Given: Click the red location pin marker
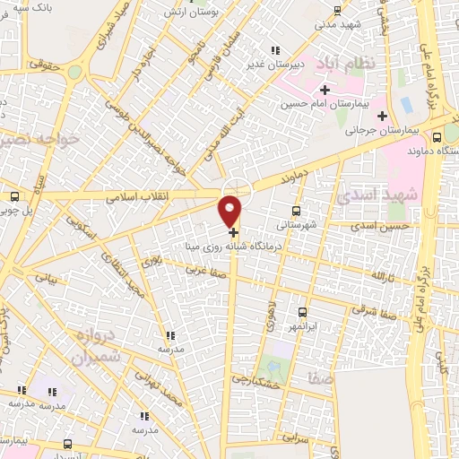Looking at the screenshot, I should (x=230, y=210).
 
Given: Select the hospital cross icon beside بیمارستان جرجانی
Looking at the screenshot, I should (x=383, y=116).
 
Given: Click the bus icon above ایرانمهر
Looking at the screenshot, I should (x=301, y=313).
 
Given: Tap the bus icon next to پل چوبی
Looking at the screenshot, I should (x=14, y=197).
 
